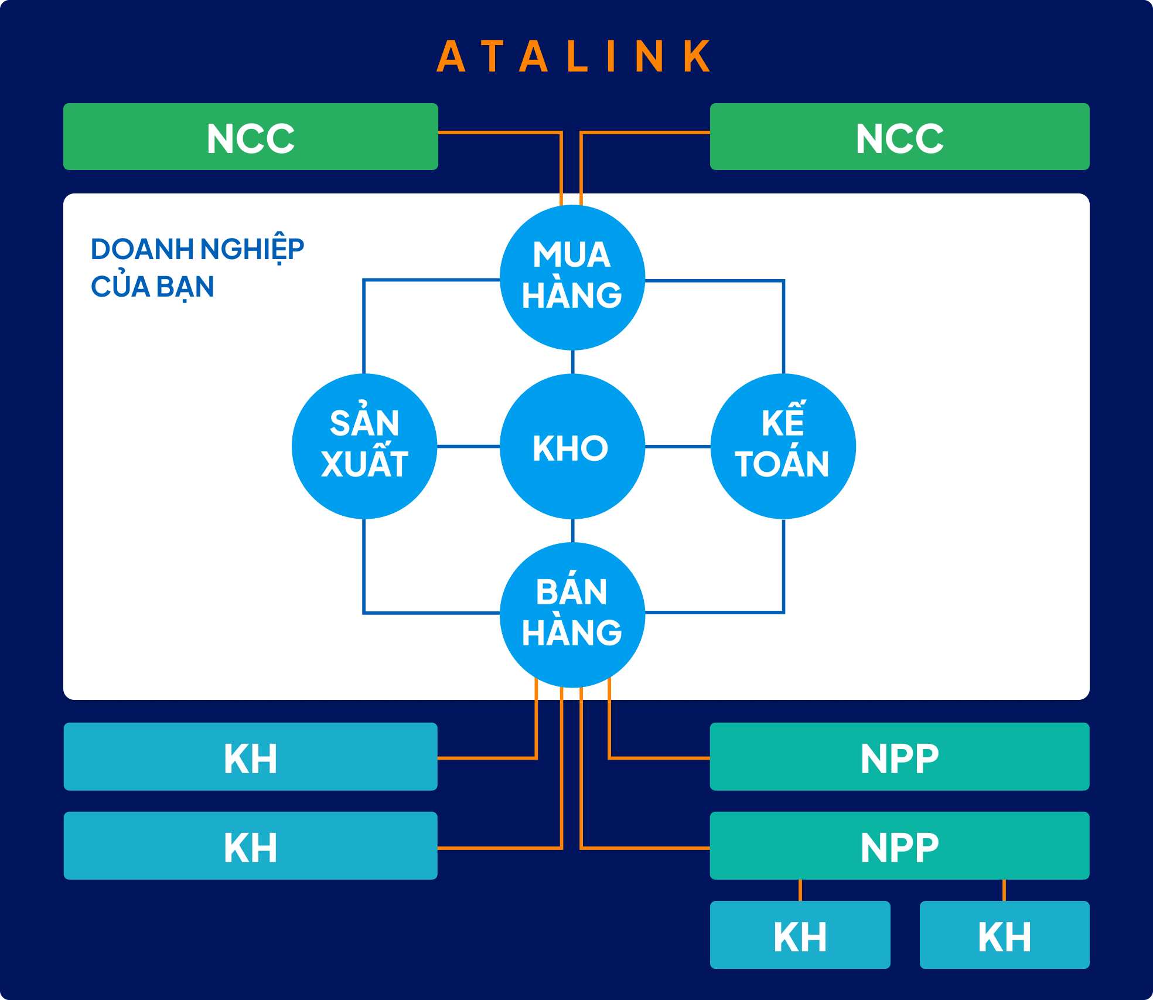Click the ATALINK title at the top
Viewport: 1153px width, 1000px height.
(574, 57)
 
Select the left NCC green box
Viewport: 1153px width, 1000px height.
(250, 137)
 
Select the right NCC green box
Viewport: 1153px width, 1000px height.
(899, 137)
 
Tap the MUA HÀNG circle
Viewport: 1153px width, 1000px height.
(572, 277)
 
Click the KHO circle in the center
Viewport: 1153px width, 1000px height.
(572, 447)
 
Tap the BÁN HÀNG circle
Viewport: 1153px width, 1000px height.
(572, 615)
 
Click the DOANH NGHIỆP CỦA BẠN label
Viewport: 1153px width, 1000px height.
(197, 267)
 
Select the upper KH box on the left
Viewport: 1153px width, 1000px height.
(250, 757)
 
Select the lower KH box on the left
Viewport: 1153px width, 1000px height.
(250, 846)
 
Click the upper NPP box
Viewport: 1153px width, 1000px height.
(899, 757)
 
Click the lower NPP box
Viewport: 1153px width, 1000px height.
(899, 846)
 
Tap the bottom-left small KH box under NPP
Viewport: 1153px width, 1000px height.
(800, 936)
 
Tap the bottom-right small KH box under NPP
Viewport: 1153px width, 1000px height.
(1004, 936)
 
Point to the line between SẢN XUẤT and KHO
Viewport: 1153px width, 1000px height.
(468, 447)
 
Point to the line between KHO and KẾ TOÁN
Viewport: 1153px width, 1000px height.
(678, 447)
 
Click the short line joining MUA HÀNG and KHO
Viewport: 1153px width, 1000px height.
(572, 362)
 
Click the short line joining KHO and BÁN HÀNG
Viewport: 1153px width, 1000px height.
(572, 531)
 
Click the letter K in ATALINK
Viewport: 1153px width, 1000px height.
(697, 57)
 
